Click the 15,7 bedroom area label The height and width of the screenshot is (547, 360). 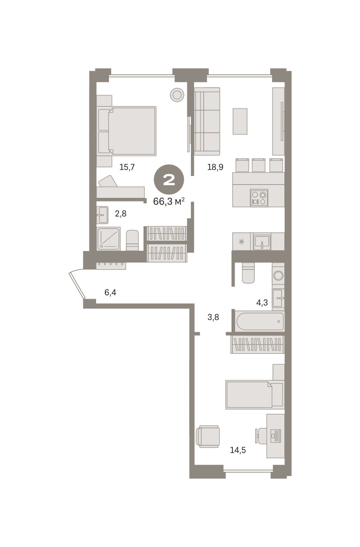pyautogui.click(x=127, y=167)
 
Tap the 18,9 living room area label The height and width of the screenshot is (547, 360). pyautogui.click(x=215, y=167)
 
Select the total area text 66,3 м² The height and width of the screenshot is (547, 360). pyautogui.click(x=169, y=201)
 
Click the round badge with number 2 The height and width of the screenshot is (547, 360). pyautogui.click(x=169, y=180)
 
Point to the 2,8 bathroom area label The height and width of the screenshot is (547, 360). pyautogui.click(x=121, y=214)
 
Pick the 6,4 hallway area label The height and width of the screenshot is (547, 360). pyautogui.click(x=110, y=292)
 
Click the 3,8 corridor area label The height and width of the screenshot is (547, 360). pyautogui.click(x=213, y=317)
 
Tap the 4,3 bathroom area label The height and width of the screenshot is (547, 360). pyautogui.click(x=262, y=303)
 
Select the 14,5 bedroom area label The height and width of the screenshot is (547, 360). pyautogui.click(x=238, y=450)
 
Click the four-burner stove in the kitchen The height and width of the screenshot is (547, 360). pyautogui.click(x=259, y=198)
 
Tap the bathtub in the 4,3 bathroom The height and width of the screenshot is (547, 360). pyautogui.click(x=260, y=321)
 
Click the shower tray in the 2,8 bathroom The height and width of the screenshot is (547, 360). pyautogui.click(x=108, y=238)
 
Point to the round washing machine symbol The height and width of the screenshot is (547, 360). pyautogui.click(x=278, y=276)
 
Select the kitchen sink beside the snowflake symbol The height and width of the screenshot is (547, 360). pyautogui.click(x=262, y=242)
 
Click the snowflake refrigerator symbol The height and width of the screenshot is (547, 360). pyautogui.click(x=242, y=242)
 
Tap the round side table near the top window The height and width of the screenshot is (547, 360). pyautogui.click(x=177, y=95)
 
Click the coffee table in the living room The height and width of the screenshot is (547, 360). pyautogui.click(x=240, y=121)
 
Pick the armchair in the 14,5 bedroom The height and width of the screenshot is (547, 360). pyautogui.click(x=208, y=436)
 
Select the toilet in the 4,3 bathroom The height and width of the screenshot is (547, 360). pyautogui.click(x=248, y=273)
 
